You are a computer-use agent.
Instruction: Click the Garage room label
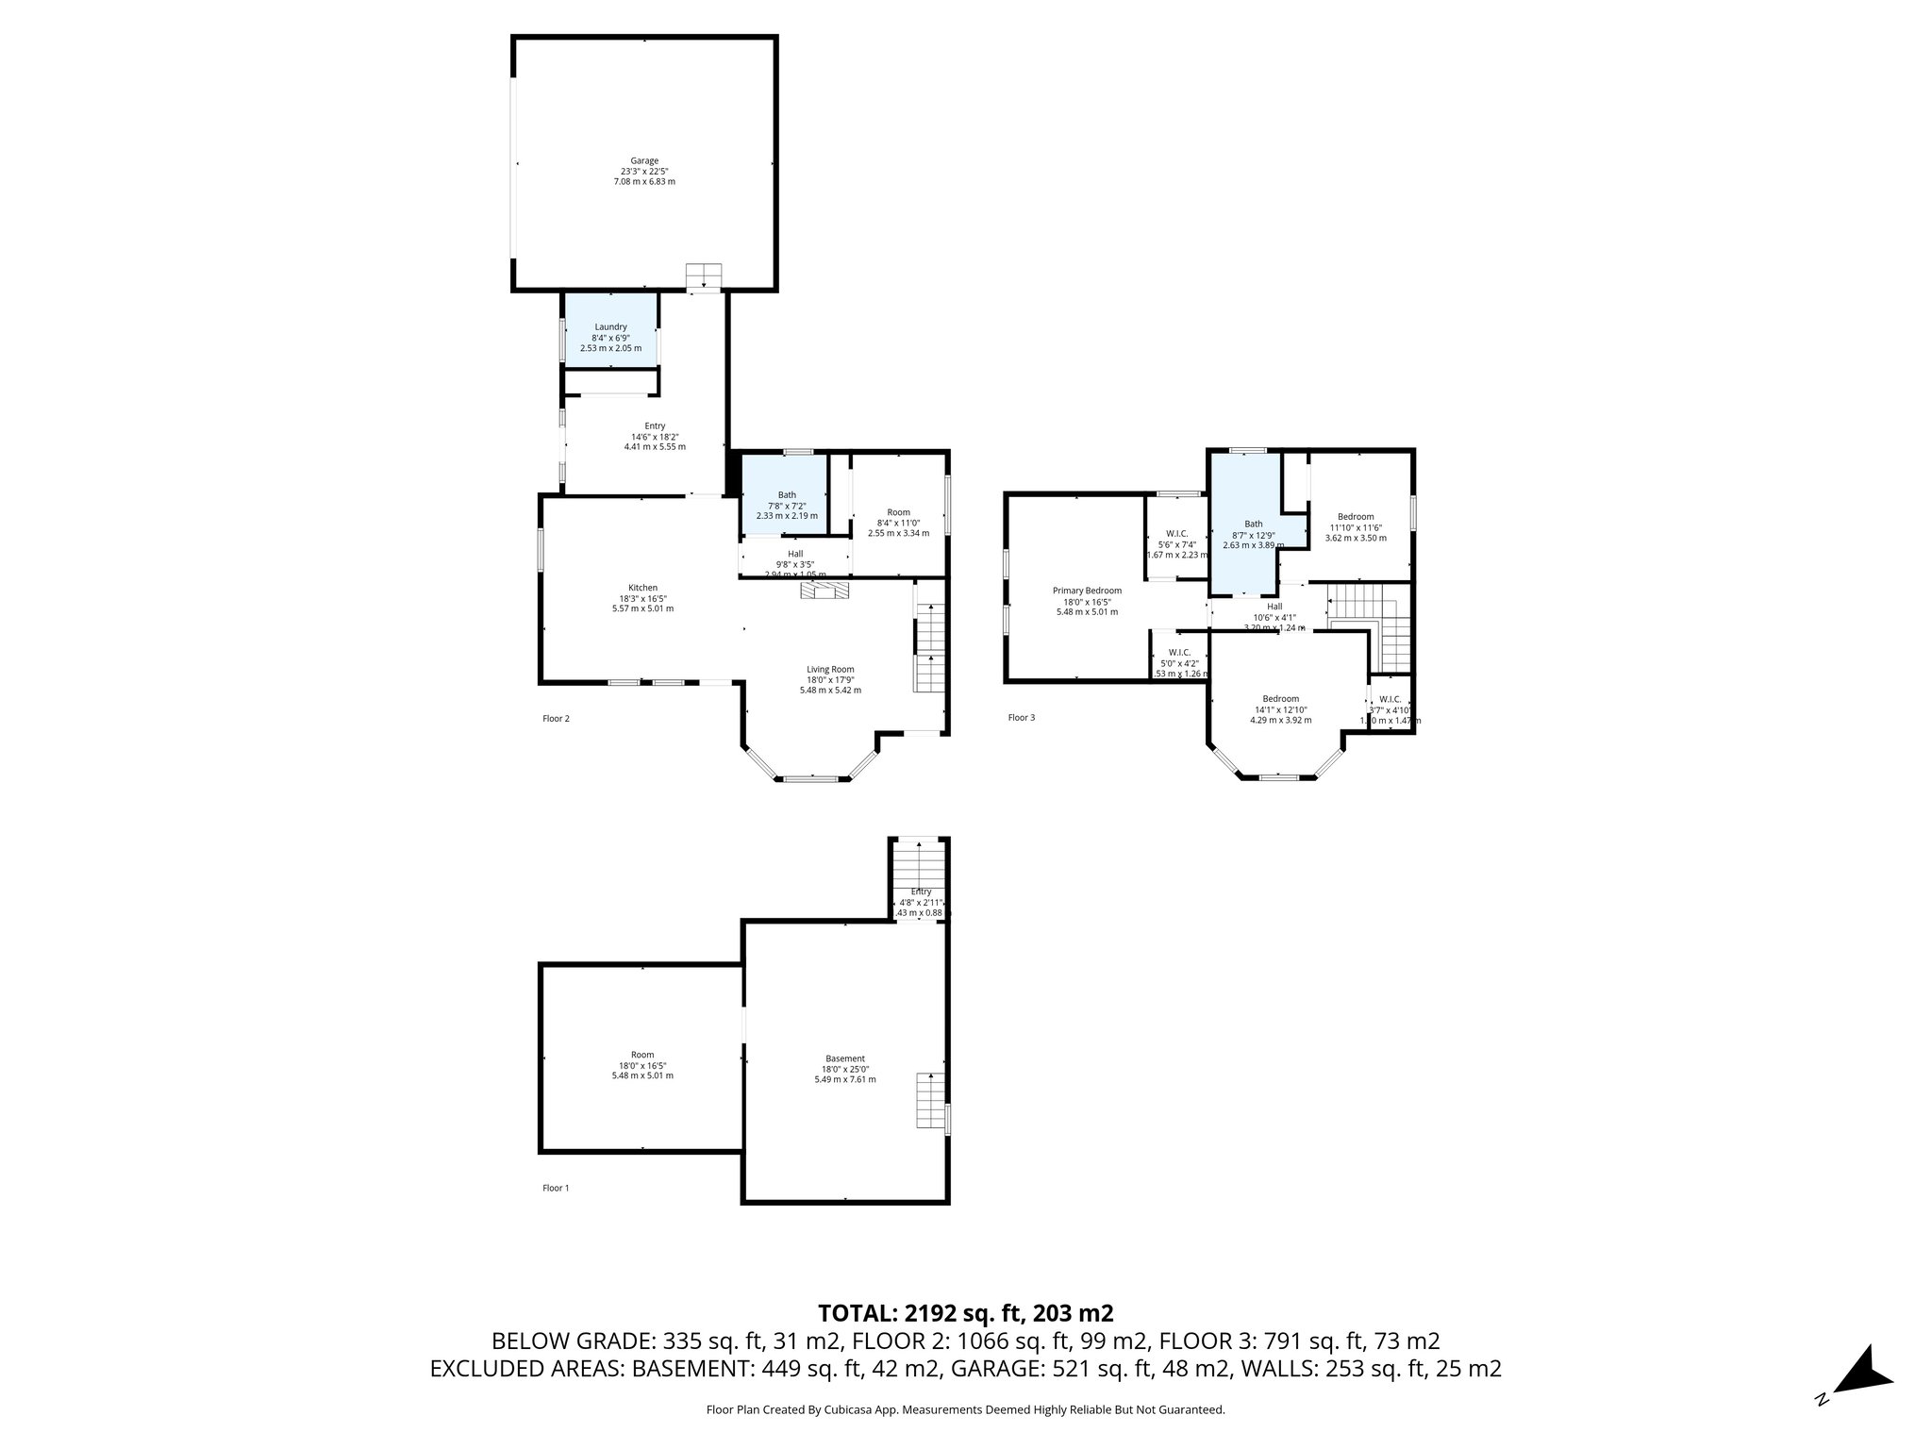click(644, 161)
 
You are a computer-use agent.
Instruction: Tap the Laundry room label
click(610, 327)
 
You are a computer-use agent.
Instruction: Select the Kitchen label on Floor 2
click(642, 588)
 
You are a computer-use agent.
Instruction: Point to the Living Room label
click(830, 670)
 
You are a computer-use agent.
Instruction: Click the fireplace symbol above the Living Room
click(824, 591)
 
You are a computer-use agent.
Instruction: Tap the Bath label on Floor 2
click(787, 495)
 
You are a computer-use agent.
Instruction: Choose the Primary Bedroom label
click(1087, 591)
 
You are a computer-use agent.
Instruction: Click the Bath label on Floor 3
click(1253, 524)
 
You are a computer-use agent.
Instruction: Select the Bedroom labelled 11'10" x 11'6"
click(1356, 517)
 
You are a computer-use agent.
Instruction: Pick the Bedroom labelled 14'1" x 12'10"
click(1280, 699)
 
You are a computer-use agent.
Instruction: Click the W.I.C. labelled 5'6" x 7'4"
click(1176, 534)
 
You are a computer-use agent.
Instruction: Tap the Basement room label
click(844, 1058)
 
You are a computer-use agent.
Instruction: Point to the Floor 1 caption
click(556, 1189)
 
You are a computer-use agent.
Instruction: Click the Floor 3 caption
click(1021, 718)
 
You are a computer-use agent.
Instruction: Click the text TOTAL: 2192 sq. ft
click(965, 1313)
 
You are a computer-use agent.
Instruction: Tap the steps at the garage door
click(703, 275)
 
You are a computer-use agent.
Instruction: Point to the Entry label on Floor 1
click(921, 891)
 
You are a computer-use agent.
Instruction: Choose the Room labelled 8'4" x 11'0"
click(898, 512)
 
